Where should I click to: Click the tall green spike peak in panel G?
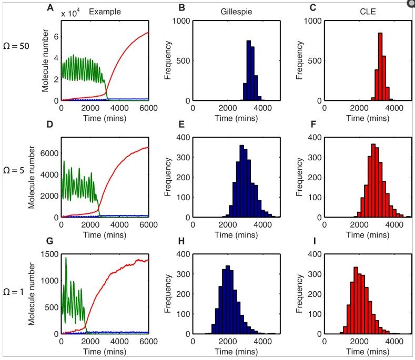(66, 259)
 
